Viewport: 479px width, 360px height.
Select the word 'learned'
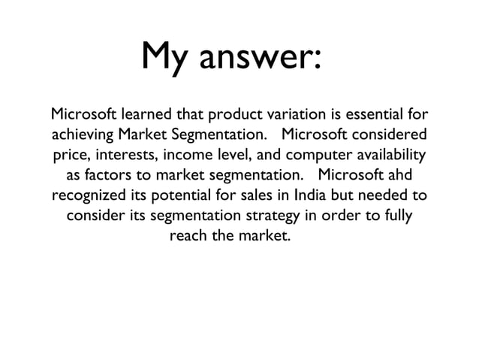pos(145,116)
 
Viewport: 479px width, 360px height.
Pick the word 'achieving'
pos(81,136)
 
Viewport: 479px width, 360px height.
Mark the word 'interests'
pos(125,156)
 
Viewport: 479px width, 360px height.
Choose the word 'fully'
pos(394,217)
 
